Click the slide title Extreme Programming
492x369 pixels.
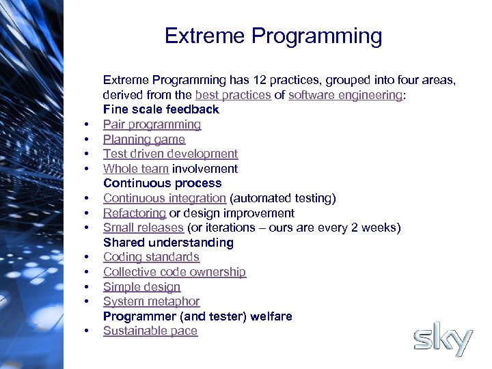(x=273, y=36)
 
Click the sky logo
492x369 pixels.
(x=443, y=340)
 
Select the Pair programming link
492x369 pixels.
(x=152, y=124)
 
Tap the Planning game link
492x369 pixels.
(x=143, y=139)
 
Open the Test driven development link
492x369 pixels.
(x=170, y=154)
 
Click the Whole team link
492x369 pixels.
(x=136, y=169)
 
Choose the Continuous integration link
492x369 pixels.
(x=164, y=198)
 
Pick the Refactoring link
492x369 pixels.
(x=134, y=213)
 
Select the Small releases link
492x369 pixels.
(x=143, y=228)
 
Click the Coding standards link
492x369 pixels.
(x=151, y=257)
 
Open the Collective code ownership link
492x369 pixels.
(x=174, y=272)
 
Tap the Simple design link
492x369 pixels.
(x=141, y=287)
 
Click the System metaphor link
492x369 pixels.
(x=151, y=301)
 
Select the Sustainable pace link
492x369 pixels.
(x=150, y=331)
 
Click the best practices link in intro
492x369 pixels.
(x=233, y=95)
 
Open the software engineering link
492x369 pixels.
(x=345, y=95)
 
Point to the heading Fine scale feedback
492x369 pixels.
(x=161, y=109)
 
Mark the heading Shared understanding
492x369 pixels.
(x=168, y=243)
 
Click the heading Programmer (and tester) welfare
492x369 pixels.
(x=197, y=316)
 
